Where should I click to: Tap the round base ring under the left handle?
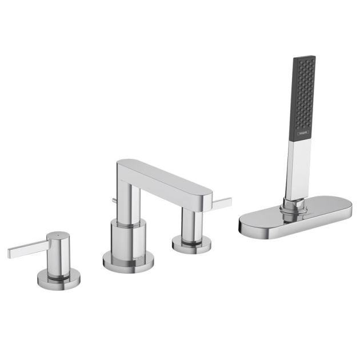[x=58, y=281]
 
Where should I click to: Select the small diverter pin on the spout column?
[x=114, y=200]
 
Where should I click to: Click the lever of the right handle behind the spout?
[x=222, y=203]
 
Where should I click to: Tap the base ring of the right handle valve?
[x=191, y=245]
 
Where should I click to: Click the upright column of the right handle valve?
[x=190, y=224]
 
